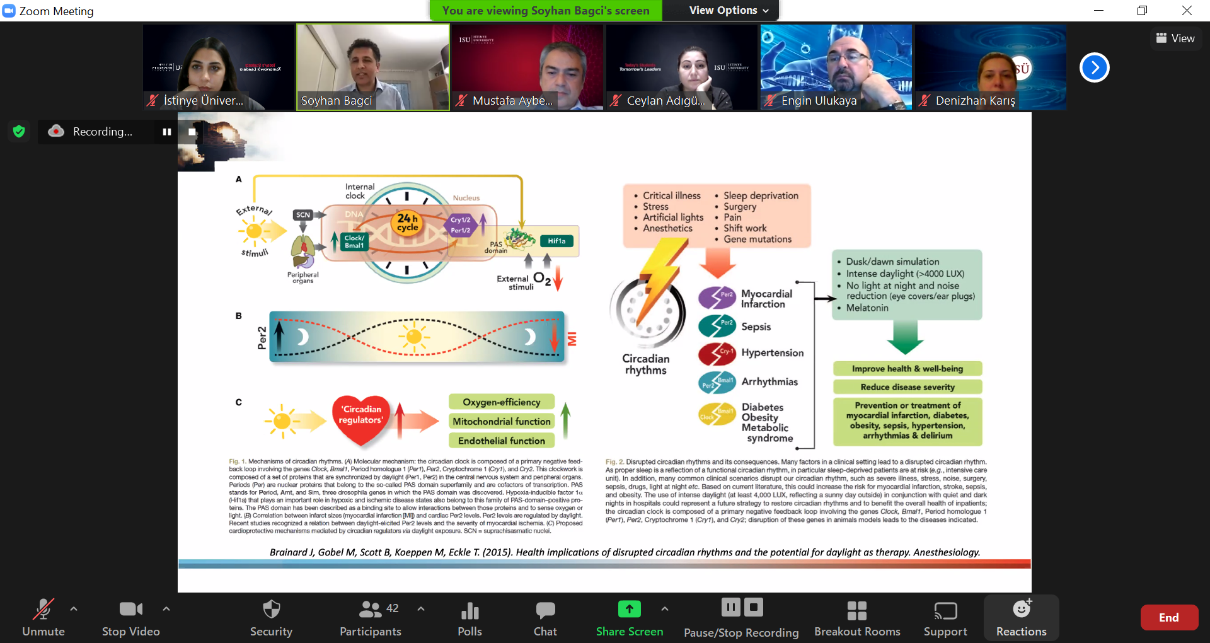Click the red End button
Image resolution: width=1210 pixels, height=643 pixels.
(1168, 618)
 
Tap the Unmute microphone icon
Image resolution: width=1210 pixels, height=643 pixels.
(43, 610)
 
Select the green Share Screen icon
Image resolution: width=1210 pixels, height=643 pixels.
(629, 609)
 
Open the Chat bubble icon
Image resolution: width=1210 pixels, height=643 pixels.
(545, 610)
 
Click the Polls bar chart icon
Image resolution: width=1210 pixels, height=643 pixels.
(470, 610)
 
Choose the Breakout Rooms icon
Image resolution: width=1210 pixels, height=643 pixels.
(856, 610)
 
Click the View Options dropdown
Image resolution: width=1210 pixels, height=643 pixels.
(729, 10)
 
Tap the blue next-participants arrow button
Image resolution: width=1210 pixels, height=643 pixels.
(1094, 67)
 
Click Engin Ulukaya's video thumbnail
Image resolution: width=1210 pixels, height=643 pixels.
(836, 67)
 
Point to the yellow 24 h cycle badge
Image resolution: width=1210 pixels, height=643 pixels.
(408, 223)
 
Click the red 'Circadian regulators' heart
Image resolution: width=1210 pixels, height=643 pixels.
(361, 417)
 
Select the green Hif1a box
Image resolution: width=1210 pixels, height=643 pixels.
(556, 241)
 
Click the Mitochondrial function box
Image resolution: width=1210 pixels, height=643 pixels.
(501, 422)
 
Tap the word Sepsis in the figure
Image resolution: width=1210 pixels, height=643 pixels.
(756, 327)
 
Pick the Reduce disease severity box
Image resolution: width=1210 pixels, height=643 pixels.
(907, 387)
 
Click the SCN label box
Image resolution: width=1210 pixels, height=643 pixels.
(303, 215)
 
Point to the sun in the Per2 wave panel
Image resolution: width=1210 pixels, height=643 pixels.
(413, 337)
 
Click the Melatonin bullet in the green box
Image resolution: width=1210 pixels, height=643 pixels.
(867, 308)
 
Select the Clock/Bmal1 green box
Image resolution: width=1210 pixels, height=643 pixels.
(354, 241)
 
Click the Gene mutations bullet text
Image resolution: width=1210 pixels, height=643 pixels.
(757, 239)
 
